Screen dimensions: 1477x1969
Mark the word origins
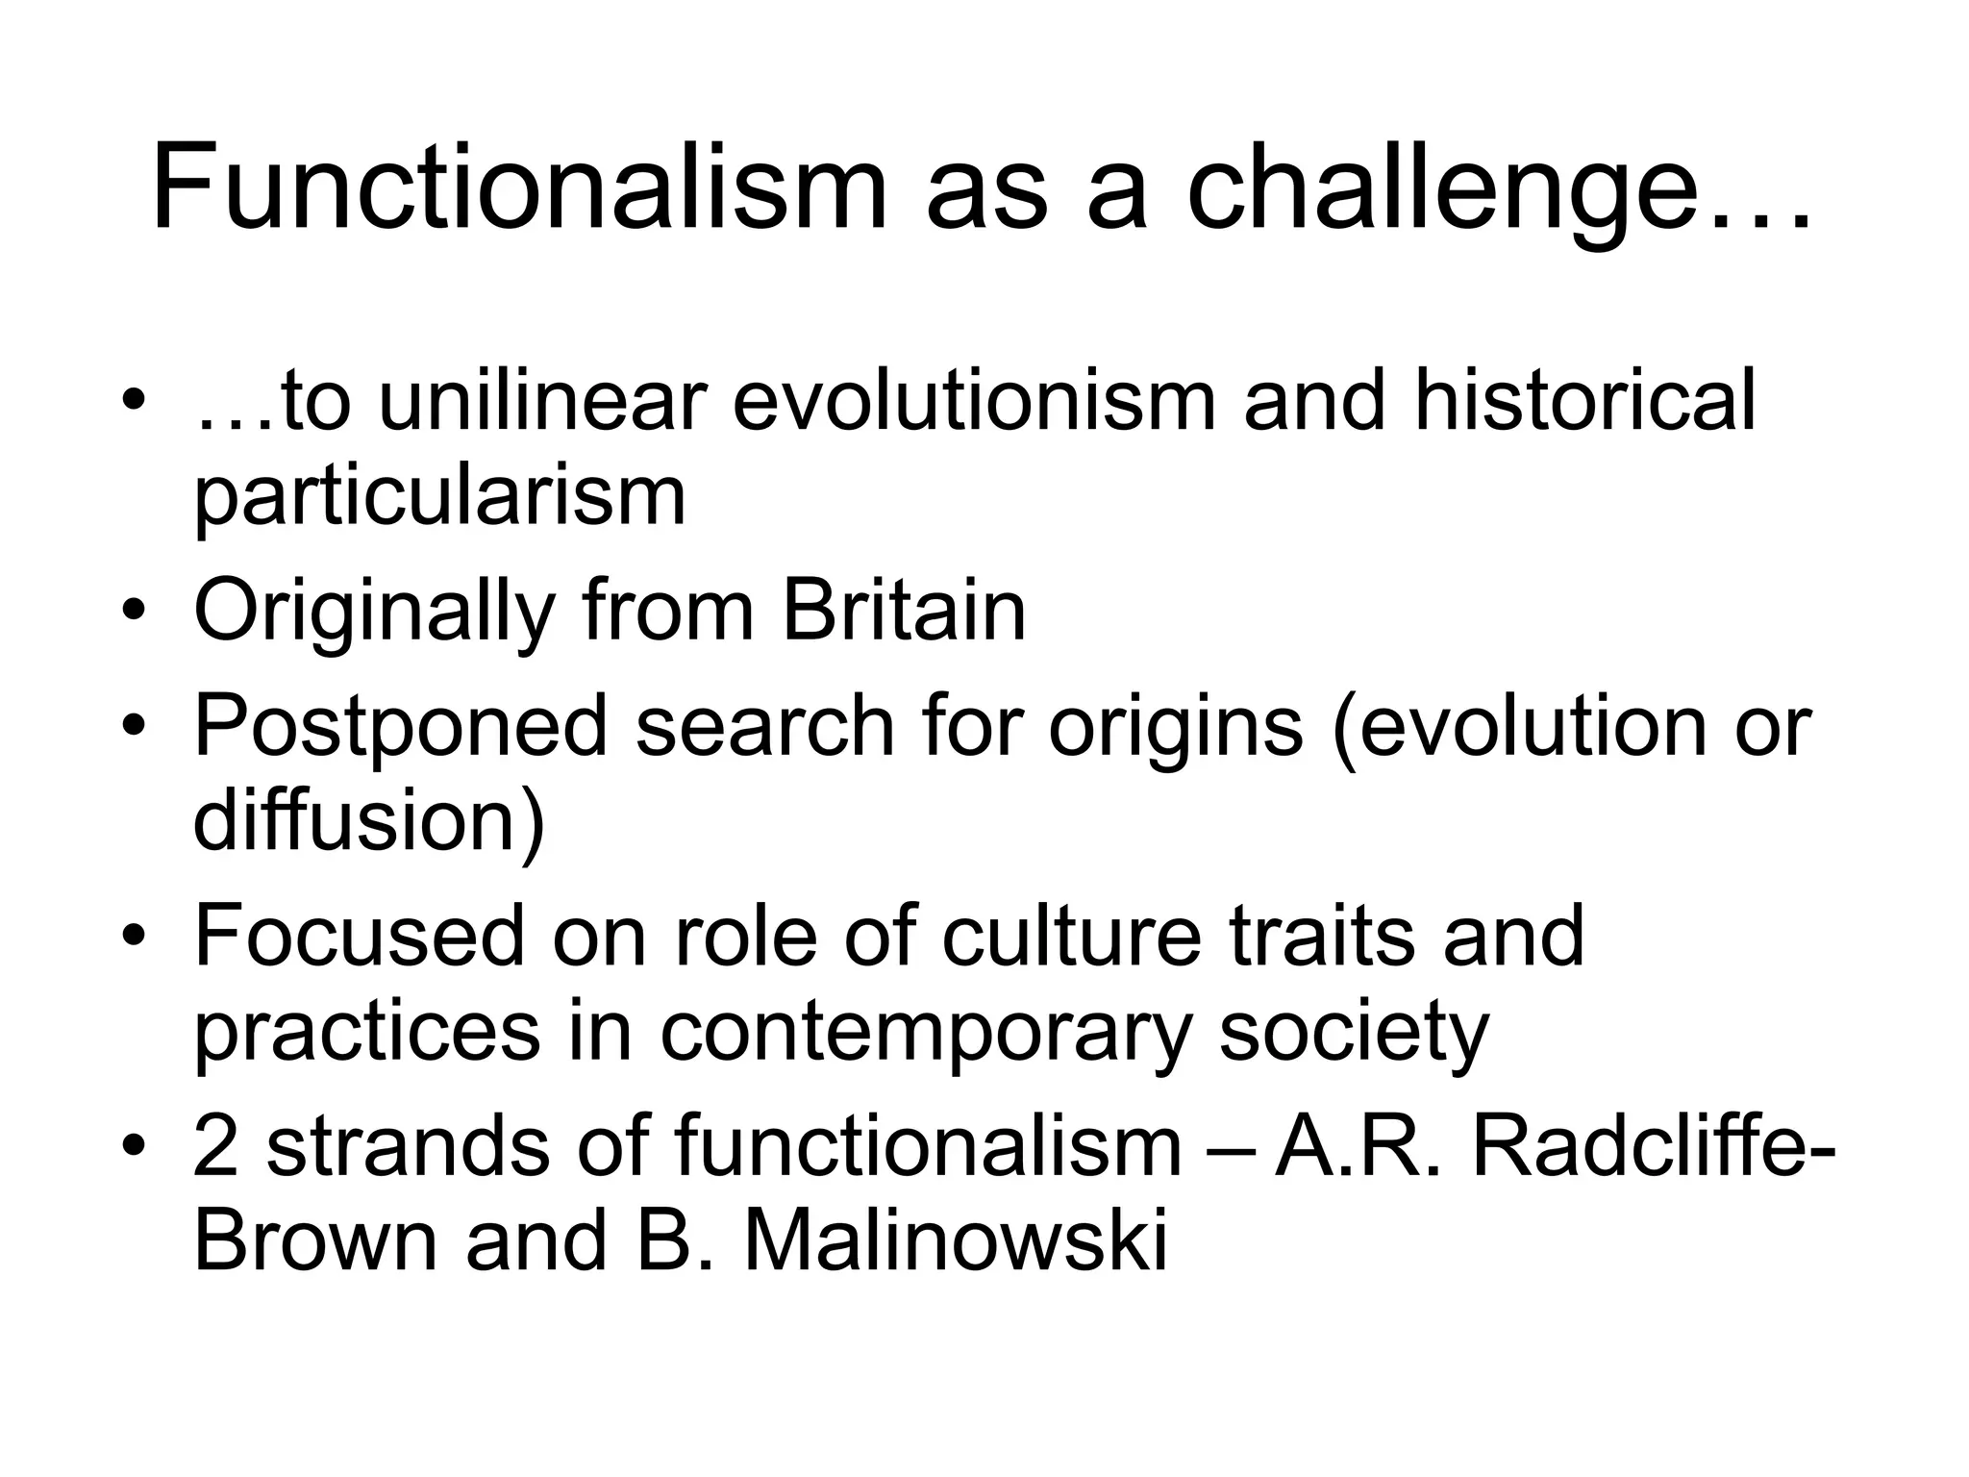1175,727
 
